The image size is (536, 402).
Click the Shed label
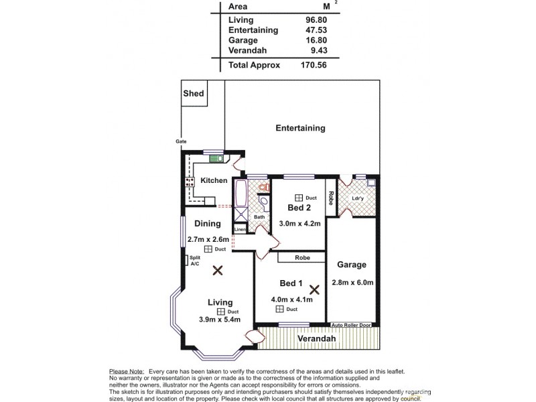[194, 94]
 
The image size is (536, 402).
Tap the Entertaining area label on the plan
[300, 128]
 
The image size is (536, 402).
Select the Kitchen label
[214, 181]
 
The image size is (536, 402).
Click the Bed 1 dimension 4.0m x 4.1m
[291, 299]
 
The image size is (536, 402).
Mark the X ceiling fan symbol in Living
[217, 271]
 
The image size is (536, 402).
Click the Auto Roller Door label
[355, 325]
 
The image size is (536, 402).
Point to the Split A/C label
[195, 261]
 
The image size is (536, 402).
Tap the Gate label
[181, 141]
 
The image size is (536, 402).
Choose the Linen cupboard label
[240, 230]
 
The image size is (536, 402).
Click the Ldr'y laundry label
[358, 198]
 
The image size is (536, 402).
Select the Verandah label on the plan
[316, 339]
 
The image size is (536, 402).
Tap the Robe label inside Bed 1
[291, 257]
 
